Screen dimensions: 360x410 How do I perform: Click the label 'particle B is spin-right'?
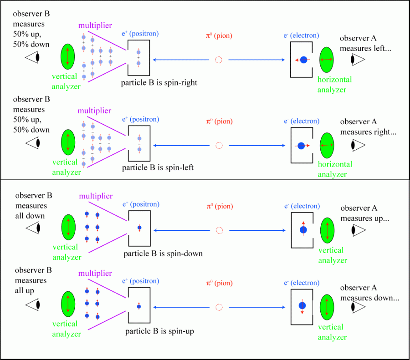click(x=159, y=83)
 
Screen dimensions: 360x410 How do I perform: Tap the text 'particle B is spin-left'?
click(x=158, y=167)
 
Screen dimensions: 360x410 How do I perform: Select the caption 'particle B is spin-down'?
click(x=163, y=254)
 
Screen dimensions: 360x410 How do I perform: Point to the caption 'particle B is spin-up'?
click(x=159, y=331)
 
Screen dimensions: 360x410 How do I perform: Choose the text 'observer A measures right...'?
click(x=371, y=127)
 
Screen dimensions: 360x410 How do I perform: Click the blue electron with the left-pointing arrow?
click(x=303, y=60)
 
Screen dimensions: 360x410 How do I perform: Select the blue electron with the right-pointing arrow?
click(x=301, y=146)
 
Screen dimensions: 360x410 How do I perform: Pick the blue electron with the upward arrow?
click(x=303, y=230)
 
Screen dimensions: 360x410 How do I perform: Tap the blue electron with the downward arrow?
click(x=302, y=306)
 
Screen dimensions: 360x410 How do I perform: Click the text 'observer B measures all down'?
click(x=33, y=206)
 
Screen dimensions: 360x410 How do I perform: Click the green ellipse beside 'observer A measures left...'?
click(x=327, y=60)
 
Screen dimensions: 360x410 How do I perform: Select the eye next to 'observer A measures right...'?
click(x=357, y=145)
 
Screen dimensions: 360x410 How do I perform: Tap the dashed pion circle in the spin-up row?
click(x=219, y=307)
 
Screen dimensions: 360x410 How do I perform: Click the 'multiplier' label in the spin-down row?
click(x=95, y=196)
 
